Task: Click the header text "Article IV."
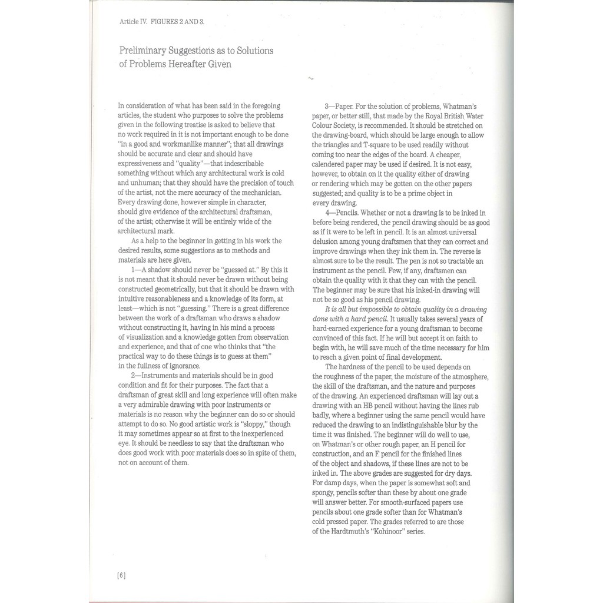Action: (x=133, y=21)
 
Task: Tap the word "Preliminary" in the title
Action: (x=144, y=51)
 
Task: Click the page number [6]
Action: (x=121, y=575)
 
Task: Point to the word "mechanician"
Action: (x=258, y=193)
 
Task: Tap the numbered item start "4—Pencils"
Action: (x=341, y=212)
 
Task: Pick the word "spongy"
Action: (x=324, y=492)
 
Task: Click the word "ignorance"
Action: (x=184, y=366)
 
